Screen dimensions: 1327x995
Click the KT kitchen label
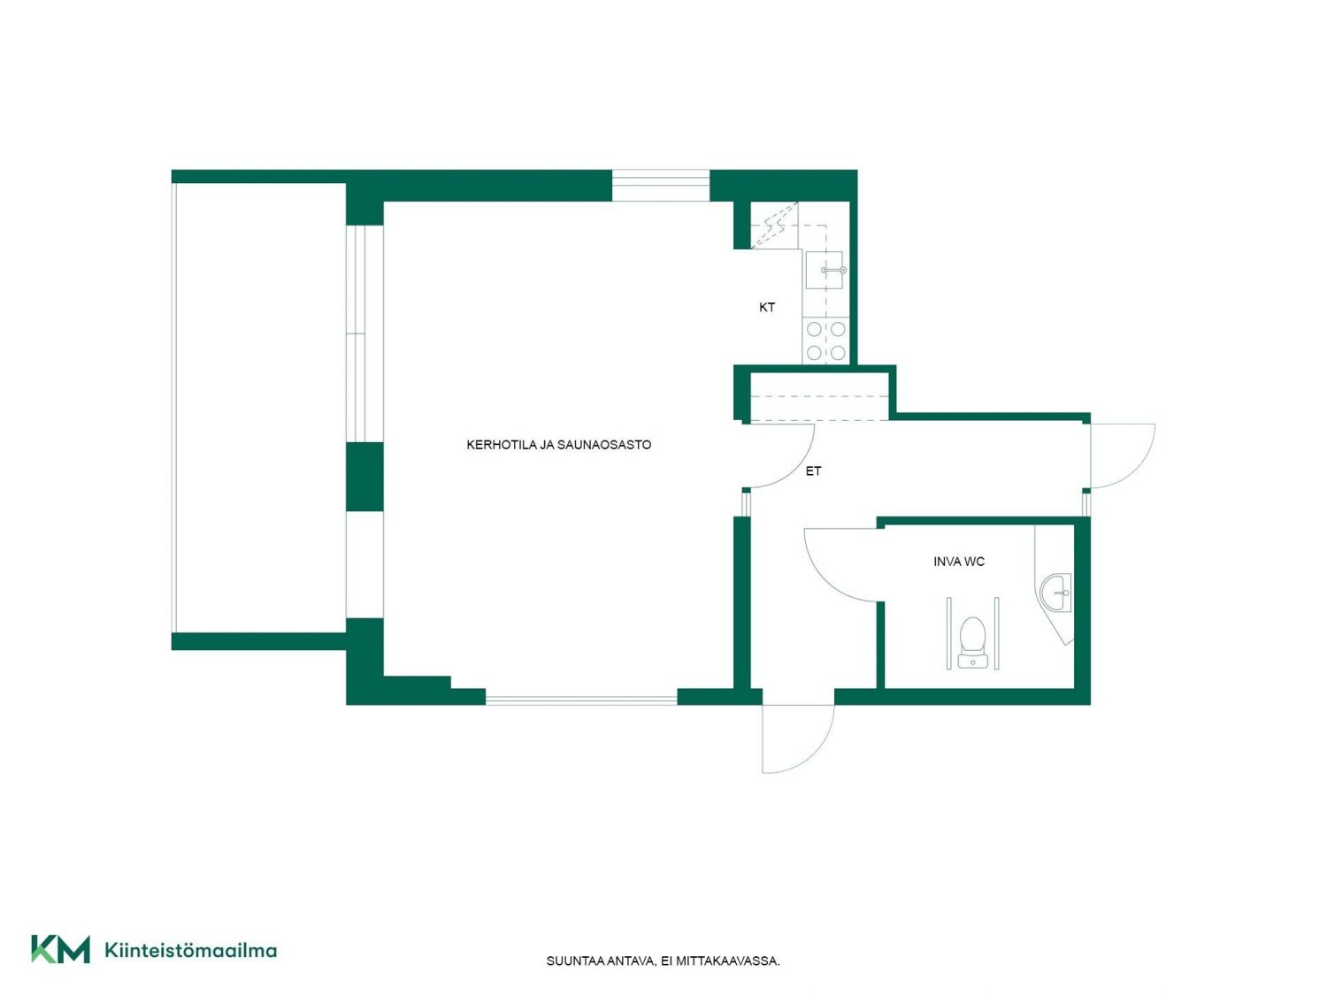tap(767, 308)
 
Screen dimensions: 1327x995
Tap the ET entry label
tap(813, 471)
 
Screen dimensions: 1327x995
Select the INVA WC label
tap(959, 562)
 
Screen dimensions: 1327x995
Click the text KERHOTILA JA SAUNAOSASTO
tap(558, 445)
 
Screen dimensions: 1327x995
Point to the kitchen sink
tap(825, 270)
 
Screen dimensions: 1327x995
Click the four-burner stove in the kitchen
tap(825, 341)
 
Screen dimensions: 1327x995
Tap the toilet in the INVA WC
tap(973, 641)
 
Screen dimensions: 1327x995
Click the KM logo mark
tap(60, 949)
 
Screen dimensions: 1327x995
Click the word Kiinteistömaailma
tap(191, 950)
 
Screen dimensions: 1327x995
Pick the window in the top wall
tap(661, 185)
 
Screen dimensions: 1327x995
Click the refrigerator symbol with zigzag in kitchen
tap(774, 225)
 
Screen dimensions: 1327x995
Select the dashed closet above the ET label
tap(819, 397)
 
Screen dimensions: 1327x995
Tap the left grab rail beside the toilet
tap(948, 632)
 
